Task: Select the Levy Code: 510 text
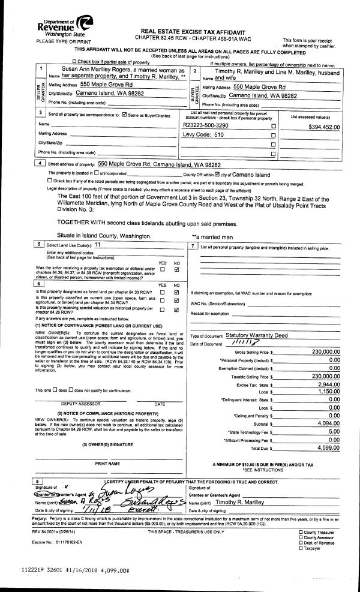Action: click(x=202, y=136)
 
